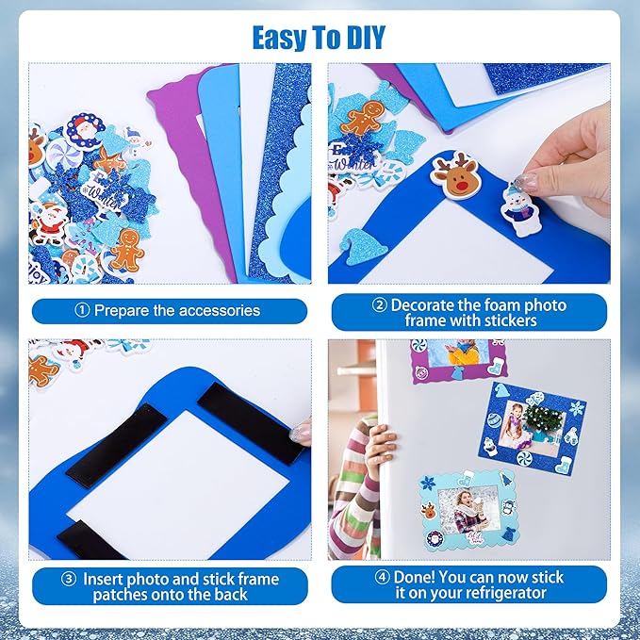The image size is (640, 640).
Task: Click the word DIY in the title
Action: tap(358, 37)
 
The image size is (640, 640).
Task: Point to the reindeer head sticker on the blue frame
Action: tap(455, 174)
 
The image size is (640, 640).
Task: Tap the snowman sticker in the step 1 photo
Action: tap(137, 140)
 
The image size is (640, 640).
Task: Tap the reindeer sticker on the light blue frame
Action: tap(430, 511)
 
